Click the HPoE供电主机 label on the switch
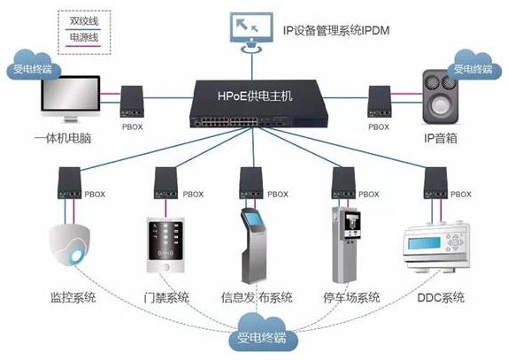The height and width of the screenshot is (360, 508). [255, 96]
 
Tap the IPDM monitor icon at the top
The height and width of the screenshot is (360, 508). [251, 32]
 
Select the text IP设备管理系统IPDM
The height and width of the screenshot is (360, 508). [336, 30]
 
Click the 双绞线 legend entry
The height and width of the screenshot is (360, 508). [84, 21]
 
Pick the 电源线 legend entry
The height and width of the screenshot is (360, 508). [84, 37]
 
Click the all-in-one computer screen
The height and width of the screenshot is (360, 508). [70, 94]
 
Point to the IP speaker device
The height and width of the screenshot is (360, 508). [440, 97]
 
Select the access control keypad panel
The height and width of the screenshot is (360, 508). [165, 245]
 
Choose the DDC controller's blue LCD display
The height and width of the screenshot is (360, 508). [424, 243]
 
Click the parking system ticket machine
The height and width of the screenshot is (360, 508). [346, 244]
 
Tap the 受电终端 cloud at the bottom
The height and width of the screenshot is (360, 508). [262, 333]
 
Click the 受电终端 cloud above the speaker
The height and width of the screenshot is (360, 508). [473, 65]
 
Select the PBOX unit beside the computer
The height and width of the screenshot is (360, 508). [132, 102]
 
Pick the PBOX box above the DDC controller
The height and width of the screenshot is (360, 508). [435, 183]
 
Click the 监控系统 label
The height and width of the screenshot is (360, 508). [73, 297]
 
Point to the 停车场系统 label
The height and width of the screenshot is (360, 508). [351, 297]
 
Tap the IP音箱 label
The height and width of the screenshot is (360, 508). [441, 138]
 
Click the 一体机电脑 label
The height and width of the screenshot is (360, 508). [63, 138]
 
